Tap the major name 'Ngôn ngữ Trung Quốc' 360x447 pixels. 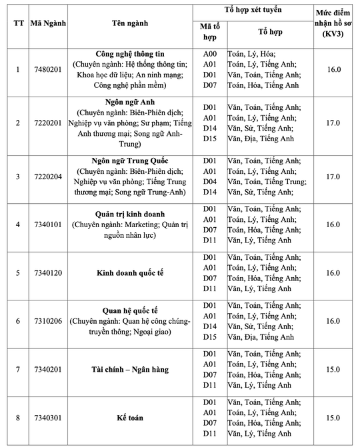tap(130, 161)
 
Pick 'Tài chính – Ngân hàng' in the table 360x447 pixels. tap(130, 369)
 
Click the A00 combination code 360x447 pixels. tap(210, 53)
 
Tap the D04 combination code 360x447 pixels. tap(210, 181)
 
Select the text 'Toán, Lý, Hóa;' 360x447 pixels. tap(251, 53)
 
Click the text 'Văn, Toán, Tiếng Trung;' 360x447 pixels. tap(267, 181)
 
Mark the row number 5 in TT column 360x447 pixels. tap(18, 273)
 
